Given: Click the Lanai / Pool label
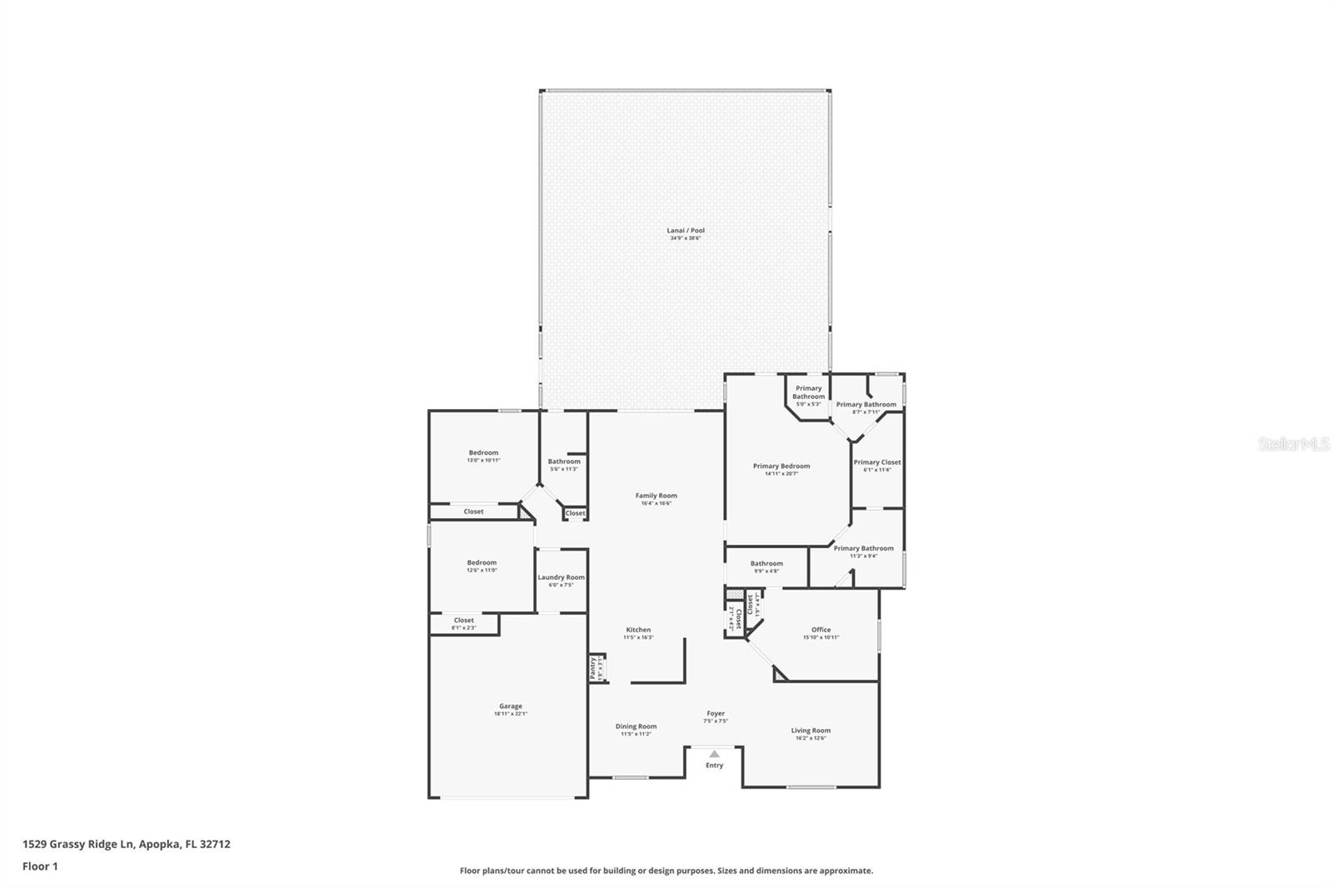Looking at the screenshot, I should (686, 231).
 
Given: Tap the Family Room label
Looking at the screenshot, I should (656, 496).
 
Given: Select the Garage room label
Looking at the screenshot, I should (511, 706).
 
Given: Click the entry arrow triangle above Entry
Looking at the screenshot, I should (714, 753).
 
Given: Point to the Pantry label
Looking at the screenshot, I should (593, 667).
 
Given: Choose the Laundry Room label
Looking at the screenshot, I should (561, 577).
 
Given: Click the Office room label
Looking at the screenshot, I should (821, 630).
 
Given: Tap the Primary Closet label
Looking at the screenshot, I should (876, 462).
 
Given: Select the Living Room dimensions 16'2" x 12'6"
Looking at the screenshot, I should (810, 738).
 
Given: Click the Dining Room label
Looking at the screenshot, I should (636, 726).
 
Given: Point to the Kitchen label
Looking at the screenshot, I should (638, 630).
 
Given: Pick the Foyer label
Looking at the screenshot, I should (716, 713).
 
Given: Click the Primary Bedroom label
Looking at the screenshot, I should (781, 466).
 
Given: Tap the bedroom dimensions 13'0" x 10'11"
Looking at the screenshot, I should (483, 460).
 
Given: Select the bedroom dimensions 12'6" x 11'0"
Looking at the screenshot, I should (482, 570).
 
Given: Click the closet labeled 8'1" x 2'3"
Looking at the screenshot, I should (464, 627).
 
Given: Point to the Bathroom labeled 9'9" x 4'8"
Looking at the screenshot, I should (766, 564).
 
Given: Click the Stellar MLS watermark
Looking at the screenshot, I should (1293, 445).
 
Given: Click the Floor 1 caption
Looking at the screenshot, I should (40, 866).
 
